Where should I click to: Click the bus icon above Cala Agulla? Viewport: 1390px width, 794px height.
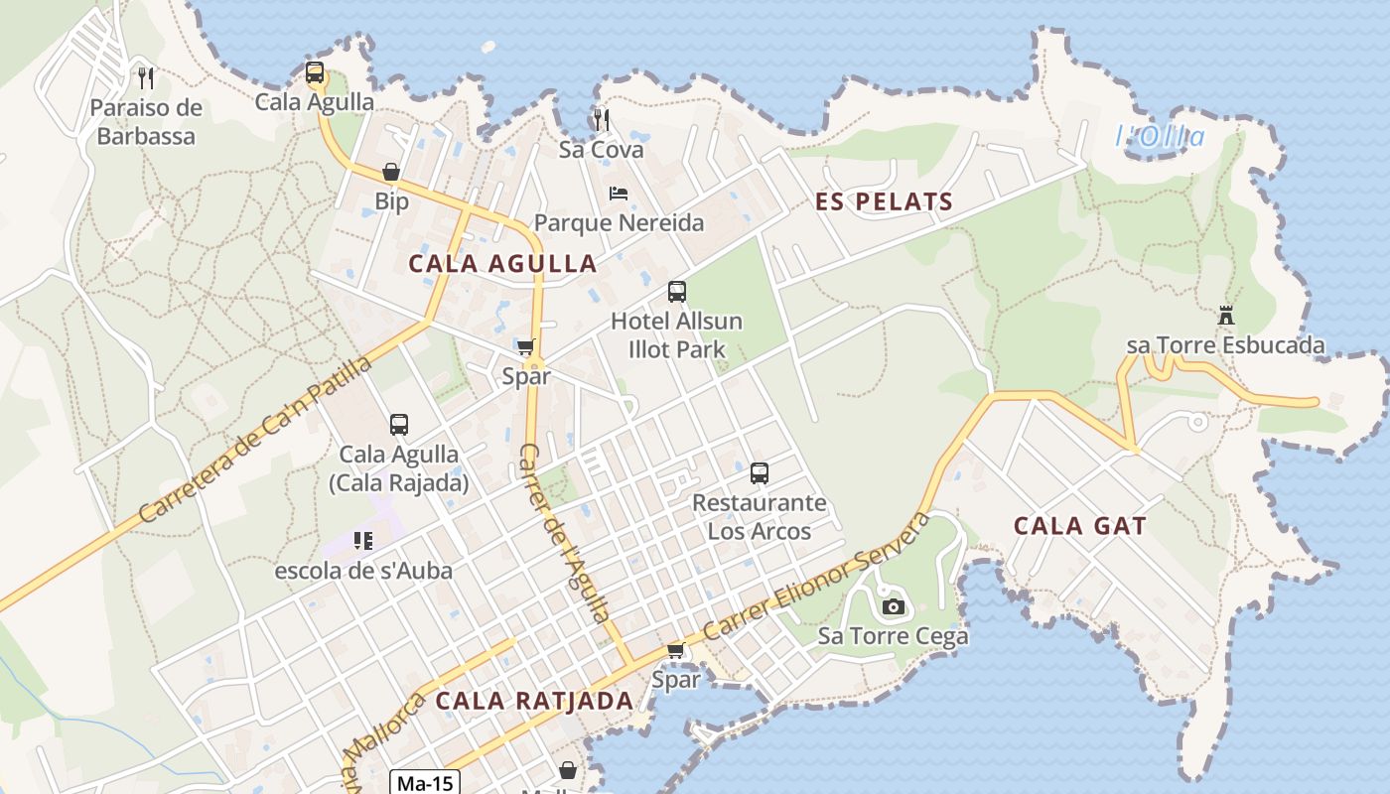[315, 72]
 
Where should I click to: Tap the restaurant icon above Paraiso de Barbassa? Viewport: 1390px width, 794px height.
[147, 77]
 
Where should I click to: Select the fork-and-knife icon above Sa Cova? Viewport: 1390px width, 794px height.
[601, 120]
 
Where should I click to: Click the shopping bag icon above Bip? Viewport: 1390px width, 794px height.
[391, 172]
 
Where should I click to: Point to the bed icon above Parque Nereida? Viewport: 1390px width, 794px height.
[619, 194]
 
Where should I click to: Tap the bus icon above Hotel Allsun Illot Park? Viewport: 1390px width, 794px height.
[677, 292]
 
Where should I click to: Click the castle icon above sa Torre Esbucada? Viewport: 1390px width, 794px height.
[1226, 316]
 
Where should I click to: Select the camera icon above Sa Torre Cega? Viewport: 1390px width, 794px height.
[894, 606]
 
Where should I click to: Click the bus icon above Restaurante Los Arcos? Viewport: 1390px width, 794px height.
[760, 473]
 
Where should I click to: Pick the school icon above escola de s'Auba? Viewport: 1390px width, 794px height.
[363, 541]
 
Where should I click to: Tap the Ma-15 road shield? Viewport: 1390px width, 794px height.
[425, 783]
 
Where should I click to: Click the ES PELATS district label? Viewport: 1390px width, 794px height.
[885, 202]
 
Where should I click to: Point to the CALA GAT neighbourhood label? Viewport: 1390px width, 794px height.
[1080, 526]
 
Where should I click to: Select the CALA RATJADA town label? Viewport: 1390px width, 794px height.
[535, 701]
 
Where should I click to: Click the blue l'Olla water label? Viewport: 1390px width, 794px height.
[1160, 137]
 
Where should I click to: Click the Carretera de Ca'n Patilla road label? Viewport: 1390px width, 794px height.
[256, 439]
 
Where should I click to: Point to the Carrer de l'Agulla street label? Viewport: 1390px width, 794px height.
[564, 534]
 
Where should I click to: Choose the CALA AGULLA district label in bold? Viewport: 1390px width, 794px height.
[502, 264]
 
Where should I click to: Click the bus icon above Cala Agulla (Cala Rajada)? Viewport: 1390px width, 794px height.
[399, 425]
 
